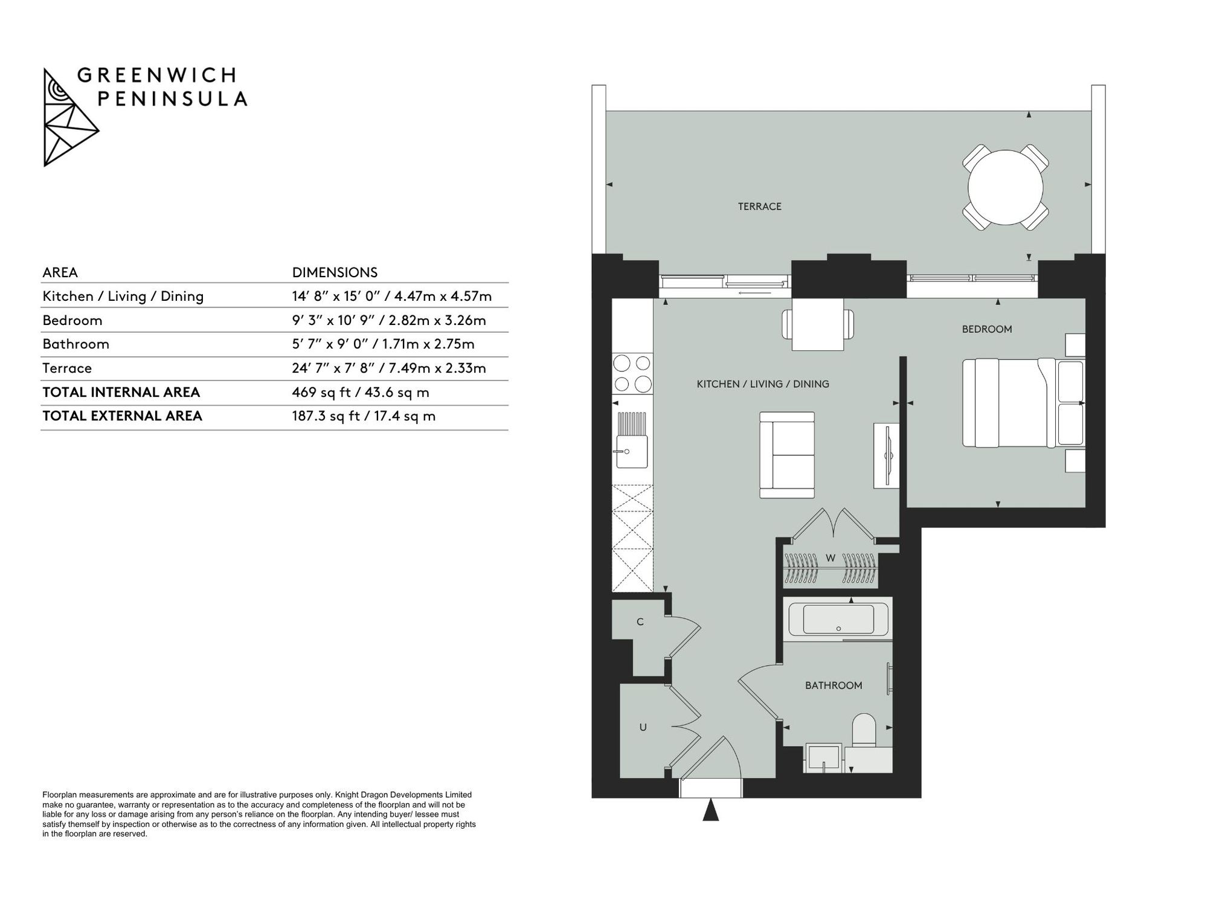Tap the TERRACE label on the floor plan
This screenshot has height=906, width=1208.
point(759,207)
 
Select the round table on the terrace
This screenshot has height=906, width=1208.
point(1005,187)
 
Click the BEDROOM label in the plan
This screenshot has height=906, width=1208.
point(987,329)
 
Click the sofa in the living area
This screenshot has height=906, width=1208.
point(787,455)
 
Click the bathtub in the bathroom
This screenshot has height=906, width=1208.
point(838,619)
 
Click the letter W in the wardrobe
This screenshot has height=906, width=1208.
point(830,557)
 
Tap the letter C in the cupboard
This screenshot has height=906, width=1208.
point(640,622)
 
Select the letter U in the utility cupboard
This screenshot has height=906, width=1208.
point(643,727)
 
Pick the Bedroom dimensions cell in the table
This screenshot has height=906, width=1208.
point(389,320)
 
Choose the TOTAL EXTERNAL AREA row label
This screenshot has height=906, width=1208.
point(122,416)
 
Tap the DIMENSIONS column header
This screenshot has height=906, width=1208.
point(335,272)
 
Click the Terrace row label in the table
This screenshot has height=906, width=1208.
point(67,368)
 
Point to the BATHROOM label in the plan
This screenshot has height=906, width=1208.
point(834,686)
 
